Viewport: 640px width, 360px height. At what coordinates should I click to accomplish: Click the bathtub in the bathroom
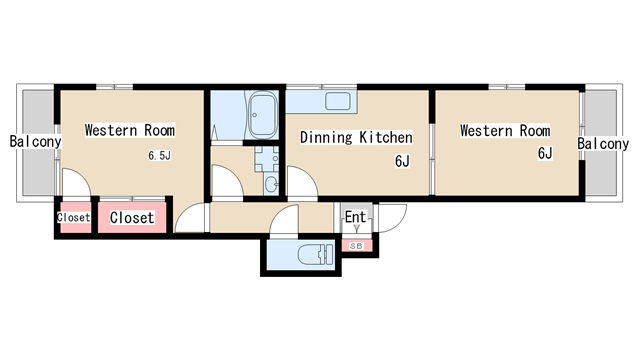point(262,115)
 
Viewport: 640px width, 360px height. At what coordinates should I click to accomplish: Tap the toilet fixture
point(316,255)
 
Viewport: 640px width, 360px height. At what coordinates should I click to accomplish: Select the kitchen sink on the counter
point(338,101)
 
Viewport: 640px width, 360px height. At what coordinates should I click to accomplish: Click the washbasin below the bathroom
point(271,184)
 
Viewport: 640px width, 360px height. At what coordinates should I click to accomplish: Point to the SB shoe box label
point(356,246)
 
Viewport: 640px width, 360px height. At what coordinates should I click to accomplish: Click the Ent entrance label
point(356,217)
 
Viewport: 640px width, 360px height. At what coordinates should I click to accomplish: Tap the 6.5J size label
point(159,156)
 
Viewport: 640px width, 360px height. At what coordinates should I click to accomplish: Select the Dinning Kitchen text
point(356,138)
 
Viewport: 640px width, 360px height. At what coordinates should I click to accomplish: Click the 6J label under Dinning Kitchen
point(402,161)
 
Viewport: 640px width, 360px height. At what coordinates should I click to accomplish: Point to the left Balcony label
point(36,142)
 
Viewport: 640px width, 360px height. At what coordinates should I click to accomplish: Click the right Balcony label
point(603,144)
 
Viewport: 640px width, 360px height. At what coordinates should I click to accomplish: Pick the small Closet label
point(73,218)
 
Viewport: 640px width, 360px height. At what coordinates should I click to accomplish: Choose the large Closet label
point(132,218)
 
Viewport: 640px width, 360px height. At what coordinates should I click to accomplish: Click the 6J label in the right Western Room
point(545,153)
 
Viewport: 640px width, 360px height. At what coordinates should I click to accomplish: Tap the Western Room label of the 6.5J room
point(130,130)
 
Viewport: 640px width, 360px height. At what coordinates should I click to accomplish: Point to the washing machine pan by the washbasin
point(267,159)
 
